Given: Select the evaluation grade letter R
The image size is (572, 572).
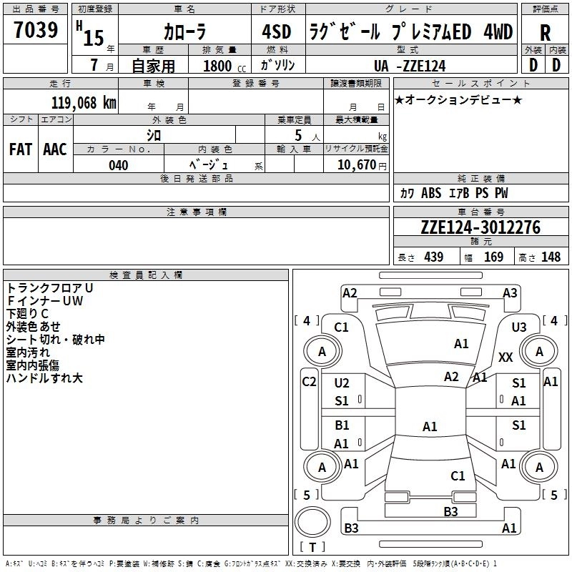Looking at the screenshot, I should click(545, 33).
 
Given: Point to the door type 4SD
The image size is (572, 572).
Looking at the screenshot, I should click(272, 33).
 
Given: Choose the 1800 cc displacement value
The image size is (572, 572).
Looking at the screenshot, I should click(219, 66).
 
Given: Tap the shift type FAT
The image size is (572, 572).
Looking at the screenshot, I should click(20, 149).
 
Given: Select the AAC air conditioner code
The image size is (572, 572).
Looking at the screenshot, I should click(55, 149).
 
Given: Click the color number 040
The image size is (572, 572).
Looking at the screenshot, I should click(119, 166).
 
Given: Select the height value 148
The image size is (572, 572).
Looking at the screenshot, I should click(551, 257).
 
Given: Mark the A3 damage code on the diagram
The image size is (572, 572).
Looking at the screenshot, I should click(510, 293).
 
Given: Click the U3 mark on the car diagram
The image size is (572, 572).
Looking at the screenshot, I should click(519, 327).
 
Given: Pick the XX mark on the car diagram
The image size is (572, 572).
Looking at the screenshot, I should click(506, 357).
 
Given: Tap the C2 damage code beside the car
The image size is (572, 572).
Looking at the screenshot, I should click(309, 381).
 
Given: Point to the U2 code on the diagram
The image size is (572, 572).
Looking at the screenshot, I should click(342, 383).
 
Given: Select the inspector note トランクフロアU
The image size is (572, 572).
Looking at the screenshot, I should click(50, 287).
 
